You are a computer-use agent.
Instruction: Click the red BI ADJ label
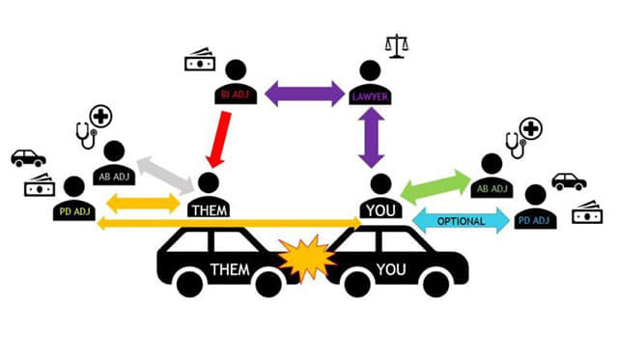(x=234, y=95)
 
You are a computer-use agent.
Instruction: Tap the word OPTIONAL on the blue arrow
(x=461, y=221)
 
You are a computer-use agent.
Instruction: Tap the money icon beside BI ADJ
(x=200, y=60)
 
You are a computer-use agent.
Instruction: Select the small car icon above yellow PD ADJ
(x=28, y=158)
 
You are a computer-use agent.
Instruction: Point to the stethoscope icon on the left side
(x=85, y=135)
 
